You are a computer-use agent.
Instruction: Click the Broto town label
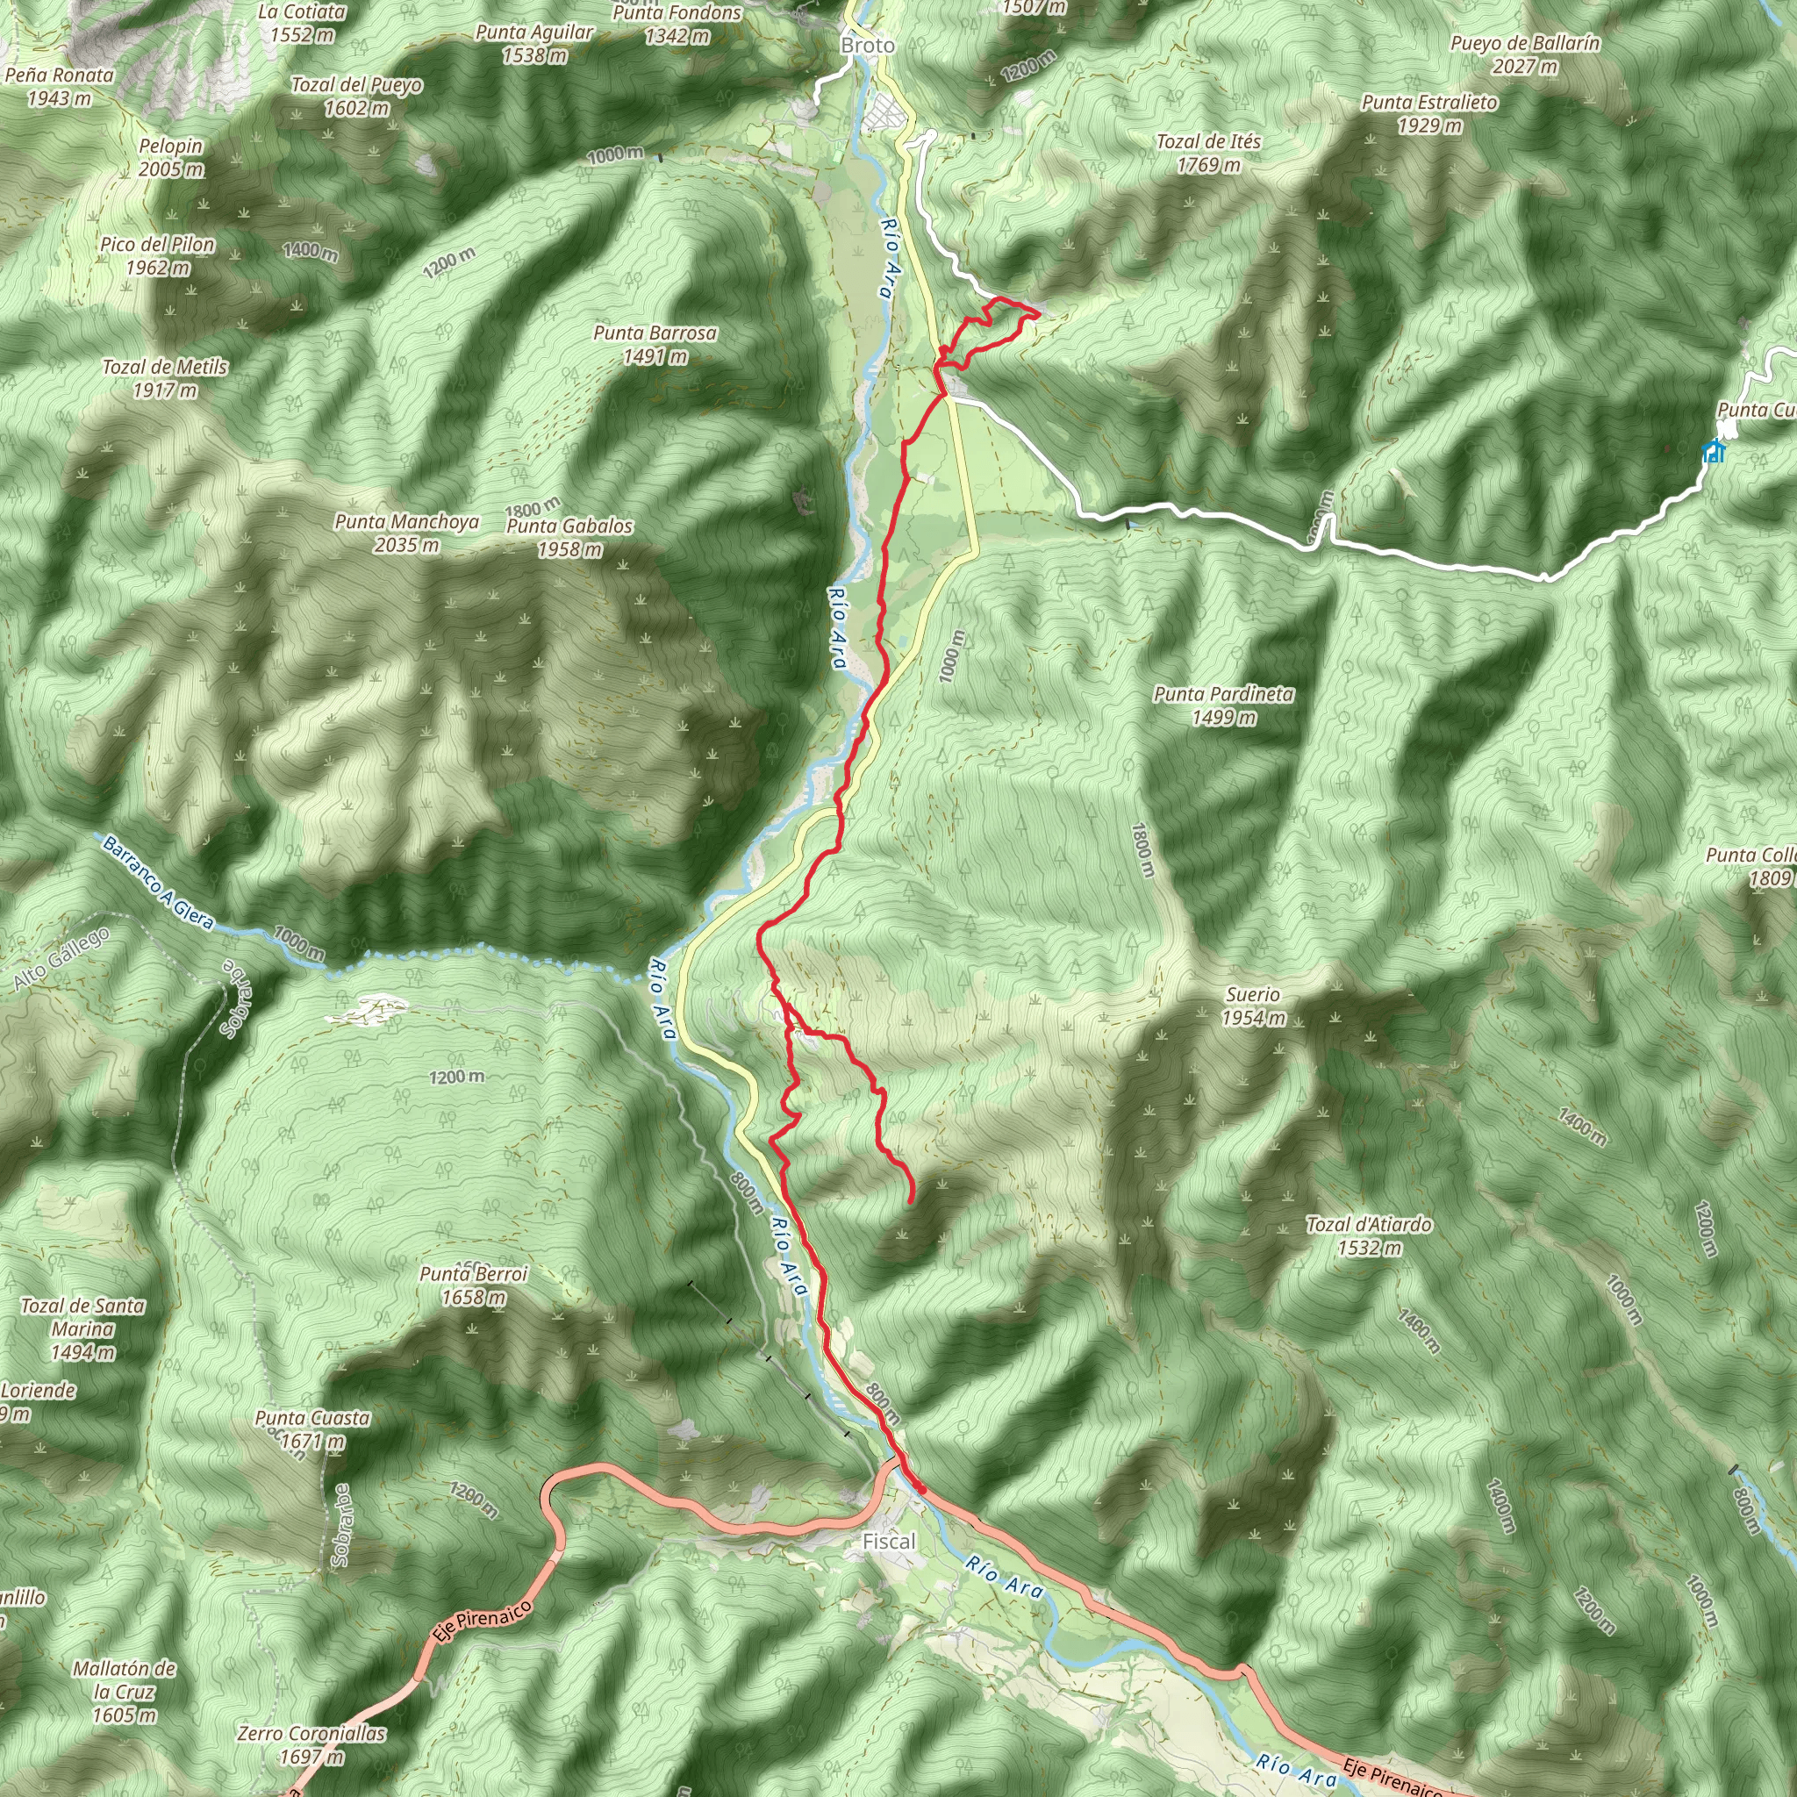(867, 45)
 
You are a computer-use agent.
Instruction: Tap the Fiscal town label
(888, 1541)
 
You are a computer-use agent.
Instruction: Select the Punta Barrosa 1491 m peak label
(655, 344)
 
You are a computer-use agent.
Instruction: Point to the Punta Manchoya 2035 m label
(406, 533)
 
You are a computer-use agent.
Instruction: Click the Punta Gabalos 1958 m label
(569, 537)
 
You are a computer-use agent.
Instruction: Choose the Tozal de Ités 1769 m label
(1208, 154)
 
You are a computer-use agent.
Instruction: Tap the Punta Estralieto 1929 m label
(1428, 113)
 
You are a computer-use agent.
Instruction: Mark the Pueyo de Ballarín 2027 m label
(1524, 54)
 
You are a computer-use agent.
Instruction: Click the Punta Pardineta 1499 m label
(1223, 705)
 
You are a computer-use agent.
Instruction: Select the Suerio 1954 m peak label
(1253, 1006)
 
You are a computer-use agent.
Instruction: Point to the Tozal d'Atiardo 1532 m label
(1368, 1236)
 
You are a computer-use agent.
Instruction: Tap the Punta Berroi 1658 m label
(474, 1285)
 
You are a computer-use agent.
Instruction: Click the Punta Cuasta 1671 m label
(312, 1429)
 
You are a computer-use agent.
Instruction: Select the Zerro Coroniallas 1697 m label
(311, 1745)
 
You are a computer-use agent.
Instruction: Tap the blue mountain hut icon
(1714, 452)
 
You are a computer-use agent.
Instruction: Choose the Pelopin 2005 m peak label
(171, 157)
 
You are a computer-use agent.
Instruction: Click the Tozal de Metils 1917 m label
(166, 378)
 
